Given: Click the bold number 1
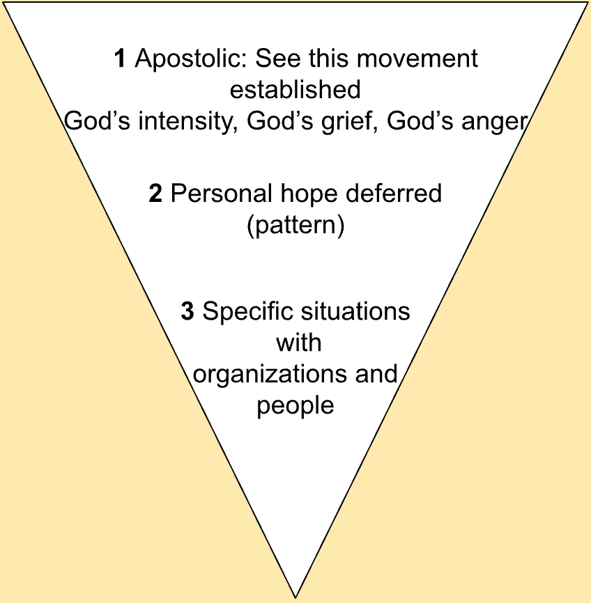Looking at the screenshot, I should [x=121, y=59].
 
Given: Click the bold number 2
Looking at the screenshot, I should [x=155, y=194].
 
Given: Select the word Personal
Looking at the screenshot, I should [x=213, y=194].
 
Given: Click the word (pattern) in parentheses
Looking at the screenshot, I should [x=295, y=226].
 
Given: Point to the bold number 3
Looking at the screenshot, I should [x=187, y=311].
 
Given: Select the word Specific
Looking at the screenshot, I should [x=241, y=312].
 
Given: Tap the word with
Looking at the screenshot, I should [x=298, y=343].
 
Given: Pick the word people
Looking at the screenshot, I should [x=295, y=405].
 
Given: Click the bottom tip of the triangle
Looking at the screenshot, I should [x=296, y=595].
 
